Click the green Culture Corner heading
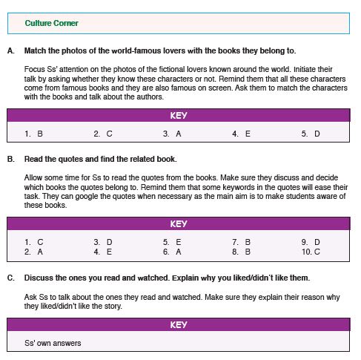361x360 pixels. (51, 23)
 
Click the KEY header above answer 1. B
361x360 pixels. (179, 115)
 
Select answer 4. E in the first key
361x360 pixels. (241, 134)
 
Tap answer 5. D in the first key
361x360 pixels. (311, 134)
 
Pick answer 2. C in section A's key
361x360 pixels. (103, 134)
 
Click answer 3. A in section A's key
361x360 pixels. (172, 134)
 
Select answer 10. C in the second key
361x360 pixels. (311, 252)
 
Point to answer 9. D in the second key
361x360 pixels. (311, 242)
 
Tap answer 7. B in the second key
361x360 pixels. (241, 242)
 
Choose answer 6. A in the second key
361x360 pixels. (172, 252)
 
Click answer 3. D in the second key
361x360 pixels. (103, 242)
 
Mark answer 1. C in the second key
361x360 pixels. (34, 242)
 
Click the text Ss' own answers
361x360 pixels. (53, 343)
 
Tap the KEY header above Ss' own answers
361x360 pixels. (179, 324)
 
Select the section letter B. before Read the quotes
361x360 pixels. (11, 159)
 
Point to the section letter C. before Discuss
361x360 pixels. (11, 278)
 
